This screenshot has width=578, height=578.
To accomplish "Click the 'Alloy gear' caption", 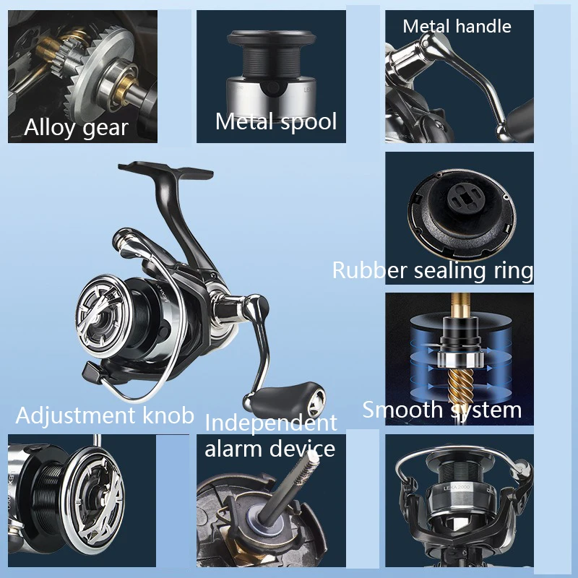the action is (77, 128).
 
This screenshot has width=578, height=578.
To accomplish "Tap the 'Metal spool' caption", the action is (276, 121).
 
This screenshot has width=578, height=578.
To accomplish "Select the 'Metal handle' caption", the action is (457, 26).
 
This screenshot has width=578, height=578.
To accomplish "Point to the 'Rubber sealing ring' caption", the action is (433, 270).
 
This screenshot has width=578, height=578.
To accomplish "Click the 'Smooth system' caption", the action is (442, 410).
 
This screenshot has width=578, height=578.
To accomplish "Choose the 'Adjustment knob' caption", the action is (105, 415).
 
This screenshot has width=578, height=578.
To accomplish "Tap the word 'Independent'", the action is (271, 423).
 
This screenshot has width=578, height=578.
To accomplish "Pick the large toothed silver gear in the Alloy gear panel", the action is (98, 68).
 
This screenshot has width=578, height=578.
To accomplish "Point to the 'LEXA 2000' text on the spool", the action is (456, 488).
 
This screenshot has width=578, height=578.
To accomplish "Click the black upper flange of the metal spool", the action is (272, 38).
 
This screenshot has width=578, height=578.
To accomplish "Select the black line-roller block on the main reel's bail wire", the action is (92, 372).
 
